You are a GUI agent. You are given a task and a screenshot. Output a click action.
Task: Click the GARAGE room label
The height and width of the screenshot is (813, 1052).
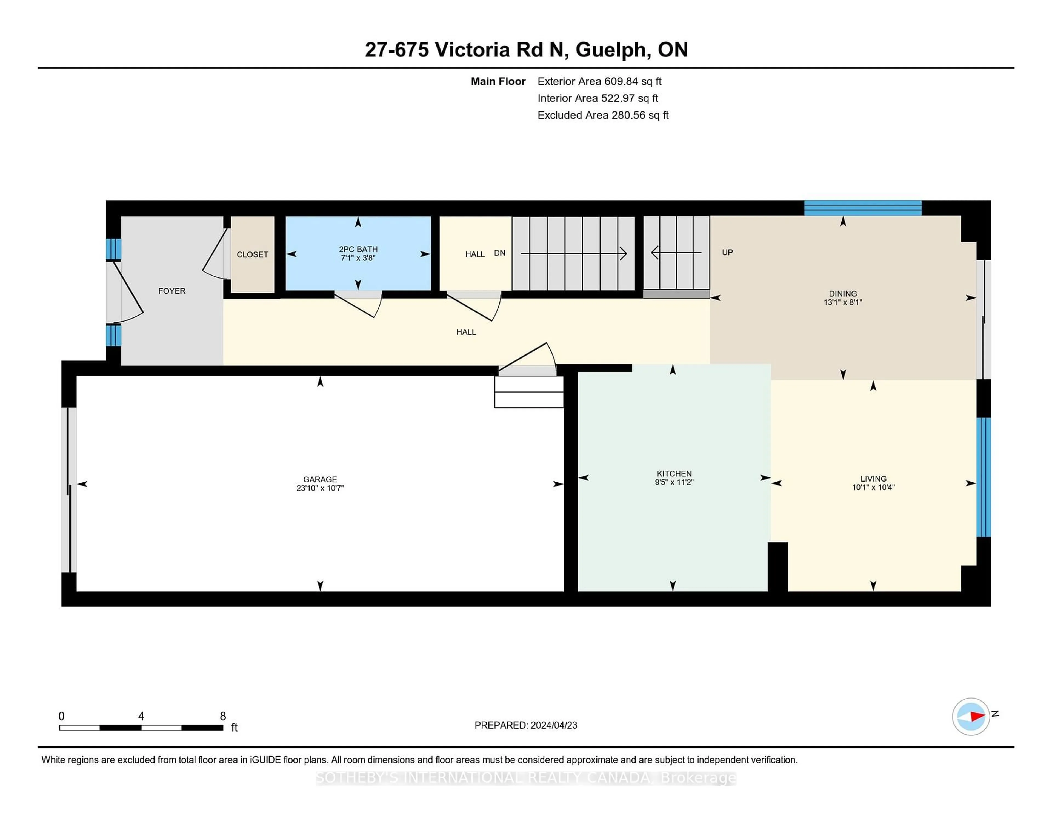click(x=320, y=479)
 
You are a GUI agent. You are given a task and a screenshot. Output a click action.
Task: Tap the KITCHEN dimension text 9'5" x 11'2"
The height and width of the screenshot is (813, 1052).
click(x=674, y=482)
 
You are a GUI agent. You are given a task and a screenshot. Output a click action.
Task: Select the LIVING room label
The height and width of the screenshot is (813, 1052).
click(x=873, y=478)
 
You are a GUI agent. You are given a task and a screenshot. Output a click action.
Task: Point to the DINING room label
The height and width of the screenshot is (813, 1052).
click(x=842, y=293)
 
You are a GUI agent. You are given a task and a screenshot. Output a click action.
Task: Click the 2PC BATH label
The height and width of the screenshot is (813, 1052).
click(x=358, y=249)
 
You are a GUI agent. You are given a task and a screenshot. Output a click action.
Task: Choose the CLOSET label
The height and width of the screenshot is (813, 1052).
click(x=252, y=254)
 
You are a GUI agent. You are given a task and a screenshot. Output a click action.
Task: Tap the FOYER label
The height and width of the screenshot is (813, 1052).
click(x=172, y=291)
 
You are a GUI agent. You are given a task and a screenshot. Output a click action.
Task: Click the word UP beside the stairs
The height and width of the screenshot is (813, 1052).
click(x=727, y=252)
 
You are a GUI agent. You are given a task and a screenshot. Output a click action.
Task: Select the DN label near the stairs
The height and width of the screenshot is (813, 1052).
click(x=499, y=253)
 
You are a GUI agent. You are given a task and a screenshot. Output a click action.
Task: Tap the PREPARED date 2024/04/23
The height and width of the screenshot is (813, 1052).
click(x=553, y=725)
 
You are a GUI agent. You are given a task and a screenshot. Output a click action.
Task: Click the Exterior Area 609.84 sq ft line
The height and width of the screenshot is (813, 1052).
click(x=599, y=81)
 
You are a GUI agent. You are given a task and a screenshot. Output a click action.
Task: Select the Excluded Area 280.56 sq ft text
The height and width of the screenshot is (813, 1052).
click(x=603, y=115)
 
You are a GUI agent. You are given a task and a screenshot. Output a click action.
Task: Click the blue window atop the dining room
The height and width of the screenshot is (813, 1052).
click(x=862, y=208)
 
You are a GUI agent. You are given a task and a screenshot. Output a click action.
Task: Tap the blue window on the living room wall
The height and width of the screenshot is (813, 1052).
click(x=983, y=477)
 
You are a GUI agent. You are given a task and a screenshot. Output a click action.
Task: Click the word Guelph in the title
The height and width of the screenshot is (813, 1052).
click(x=610, y=50)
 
